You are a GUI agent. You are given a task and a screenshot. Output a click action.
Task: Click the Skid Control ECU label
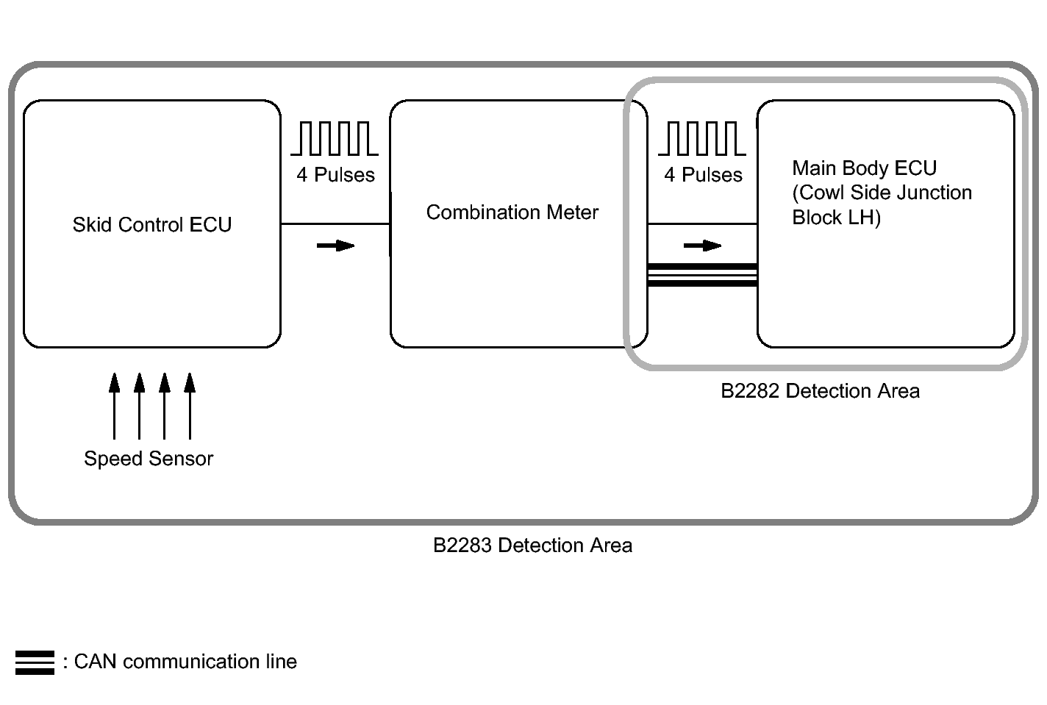tap(151, 225)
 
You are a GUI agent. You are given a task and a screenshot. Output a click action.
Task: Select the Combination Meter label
tap(512, 212)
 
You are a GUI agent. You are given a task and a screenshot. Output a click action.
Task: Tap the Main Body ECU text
tap(864, 168)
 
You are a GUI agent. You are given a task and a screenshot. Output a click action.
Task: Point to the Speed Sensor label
tap(149, 459)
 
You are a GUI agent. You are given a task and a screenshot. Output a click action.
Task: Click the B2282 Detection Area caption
tap(820, 391)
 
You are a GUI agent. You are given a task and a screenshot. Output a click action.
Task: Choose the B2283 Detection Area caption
tap(532, 545)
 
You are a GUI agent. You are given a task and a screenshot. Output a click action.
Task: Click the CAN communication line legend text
tap(185, 662)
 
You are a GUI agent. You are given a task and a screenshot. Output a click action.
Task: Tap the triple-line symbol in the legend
tap(35, 662)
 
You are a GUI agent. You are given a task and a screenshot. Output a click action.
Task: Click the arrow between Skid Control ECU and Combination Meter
tap(335, 246)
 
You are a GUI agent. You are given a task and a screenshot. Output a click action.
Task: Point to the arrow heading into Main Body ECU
tap(702, 246)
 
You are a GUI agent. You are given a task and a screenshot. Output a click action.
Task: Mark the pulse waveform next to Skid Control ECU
tap(335, 138)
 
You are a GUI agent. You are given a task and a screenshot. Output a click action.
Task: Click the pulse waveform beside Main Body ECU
tap(701, 138)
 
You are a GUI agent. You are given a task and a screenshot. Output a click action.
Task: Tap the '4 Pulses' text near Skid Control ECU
tap(335, 175)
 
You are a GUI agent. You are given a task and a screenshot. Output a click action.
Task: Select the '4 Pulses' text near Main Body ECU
tap(703, 175)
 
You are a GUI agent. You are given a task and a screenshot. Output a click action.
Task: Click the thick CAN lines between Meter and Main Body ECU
tap(702, 274)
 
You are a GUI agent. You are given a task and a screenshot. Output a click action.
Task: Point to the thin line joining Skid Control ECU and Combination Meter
tap(335, 223)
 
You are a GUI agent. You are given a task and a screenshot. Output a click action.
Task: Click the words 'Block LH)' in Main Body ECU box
tap(836, 218)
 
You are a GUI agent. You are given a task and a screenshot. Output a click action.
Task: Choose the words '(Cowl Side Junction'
tap(882, 193)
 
